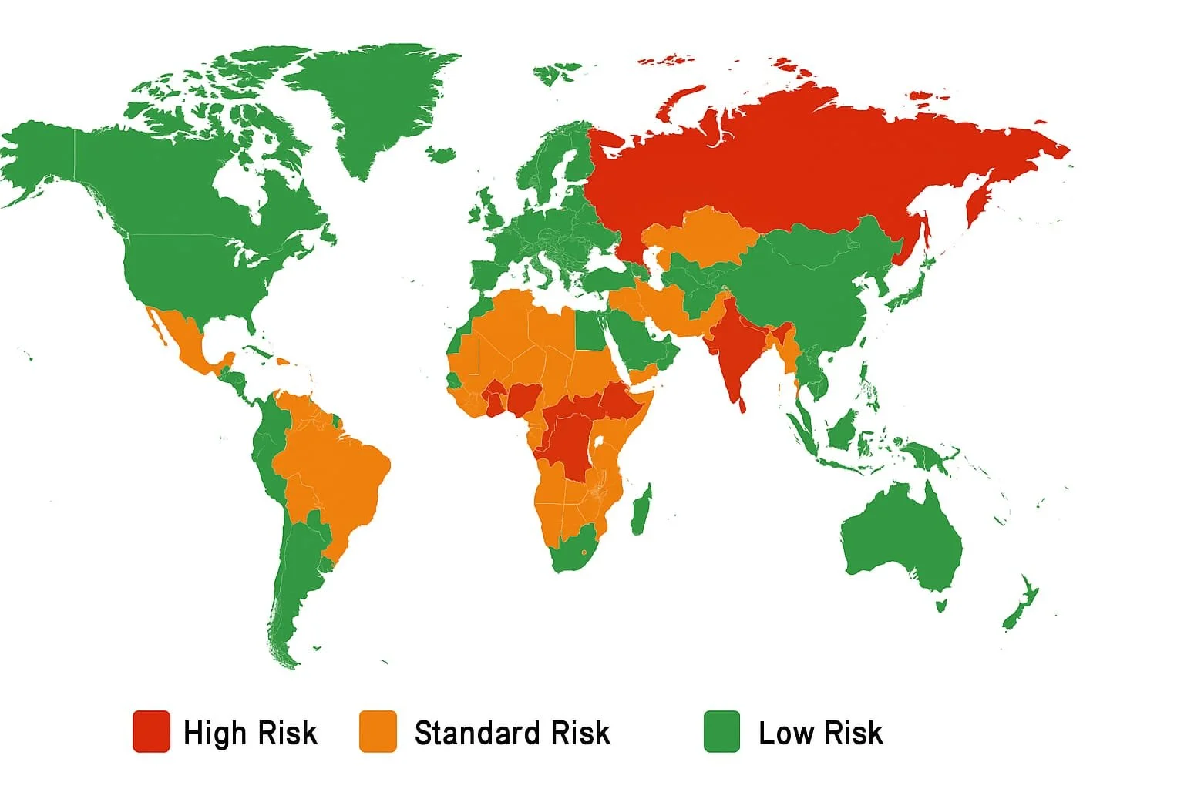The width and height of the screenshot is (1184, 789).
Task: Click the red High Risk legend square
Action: (151, 731)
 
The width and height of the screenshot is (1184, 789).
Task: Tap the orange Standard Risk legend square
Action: (378, 731)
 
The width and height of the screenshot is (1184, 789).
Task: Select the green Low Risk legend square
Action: (721, 731)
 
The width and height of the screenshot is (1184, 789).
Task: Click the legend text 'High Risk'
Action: (250, 733)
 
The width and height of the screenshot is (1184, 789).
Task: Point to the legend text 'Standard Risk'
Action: (512, 733)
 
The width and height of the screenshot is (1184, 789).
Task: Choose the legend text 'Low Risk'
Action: (820, 733)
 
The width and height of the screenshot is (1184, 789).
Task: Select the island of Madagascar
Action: (641, 509)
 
